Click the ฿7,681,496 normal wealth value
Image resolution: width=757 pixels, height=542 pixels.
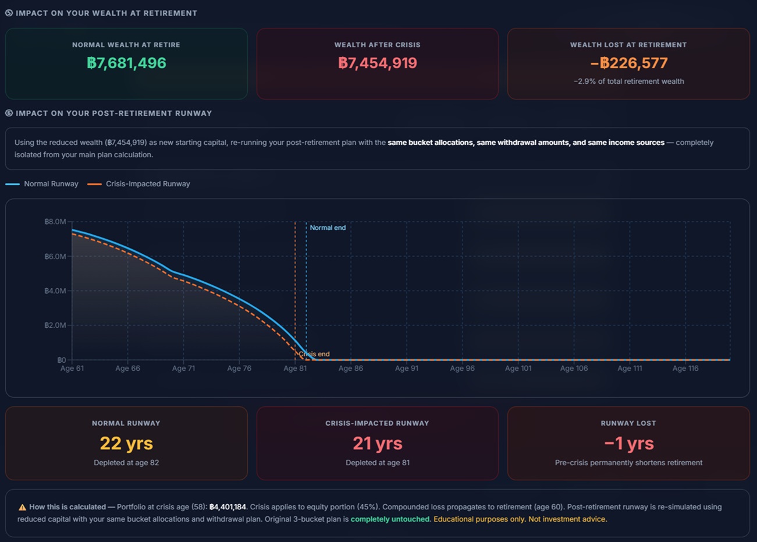[126, 63]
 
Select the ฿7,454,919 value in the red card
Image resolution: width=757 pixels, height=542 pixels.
[377, 63]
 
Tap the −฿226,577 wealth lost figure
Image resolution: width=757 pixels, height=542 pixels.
[628, 63]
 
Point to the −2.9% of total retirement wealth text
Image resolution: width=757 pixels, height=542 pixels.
[628, 82]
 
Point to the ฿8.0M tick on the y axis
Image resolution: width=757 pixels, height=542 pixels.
[55, 222]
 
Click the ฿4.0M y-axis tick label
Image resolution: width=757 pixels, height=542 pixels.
[55, 291]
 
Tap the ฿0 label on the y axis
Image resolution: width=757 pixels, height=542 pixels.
[61, 360]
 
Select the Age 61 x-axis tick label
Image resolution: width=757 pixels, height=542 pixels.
[72, 369]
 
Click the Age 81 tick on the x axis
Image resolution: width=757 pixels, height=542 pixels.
[295, 369]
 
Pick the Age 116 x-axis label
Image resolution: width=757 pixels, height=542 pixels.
[685, 369]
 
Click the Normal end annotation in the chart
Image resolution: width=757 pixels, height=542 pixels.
[328, 228]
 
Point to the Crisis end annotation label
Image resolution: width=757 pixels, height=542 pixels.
[314, 354]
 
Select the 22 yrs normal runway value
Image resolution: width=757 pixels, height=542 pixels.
[126, 444]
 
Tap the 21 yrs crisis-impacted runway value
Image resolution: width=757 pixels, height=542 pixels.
[377, 444]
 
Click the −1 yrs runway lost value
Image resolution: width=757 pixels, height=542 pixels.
[628, 444]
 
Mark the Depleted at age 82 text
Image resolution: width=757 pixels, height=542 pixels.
[126, 463]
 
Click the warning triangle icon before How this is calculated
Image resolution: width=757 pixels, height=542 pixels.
[22, 508]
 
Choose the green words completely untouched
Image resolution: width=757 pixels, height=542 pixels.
[390, 519]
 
